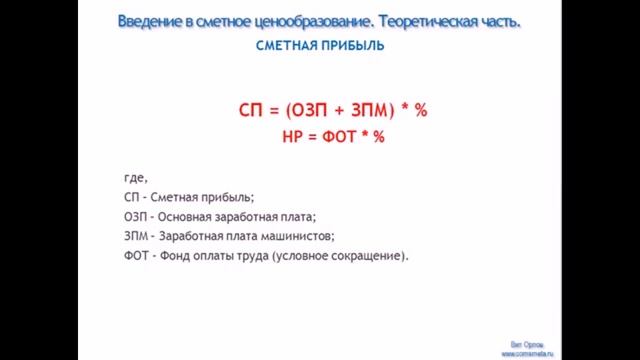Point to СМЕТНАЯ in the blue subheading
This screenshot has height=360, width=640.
pos(283,46)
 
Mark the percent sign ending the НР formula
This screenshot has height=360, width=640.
pos(378,137)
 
